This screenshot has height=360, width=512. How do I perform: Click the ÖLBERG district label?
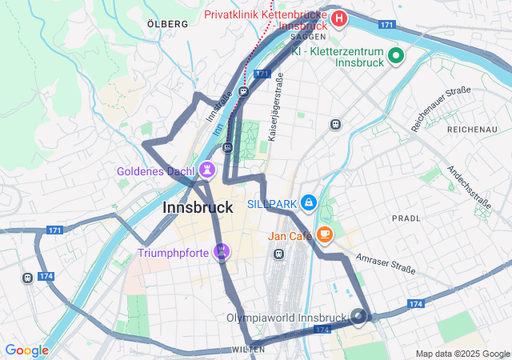coord(168,24)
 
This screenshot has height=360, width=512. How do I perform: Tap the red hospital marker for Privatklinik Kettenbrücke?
coord(339,18)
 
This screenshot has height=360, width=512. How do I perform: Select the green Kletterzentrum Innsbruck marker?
coord(395,55)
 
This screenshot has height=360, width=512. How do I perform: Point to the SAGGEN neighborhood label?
coord(308,37)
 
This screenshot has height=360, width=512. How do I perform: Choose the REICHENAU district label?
coord(473,129)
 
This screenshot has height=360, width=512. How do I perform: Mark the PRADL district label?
coord(406,218)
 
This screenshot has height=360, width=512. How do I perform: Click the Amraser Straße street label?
coord(386,264)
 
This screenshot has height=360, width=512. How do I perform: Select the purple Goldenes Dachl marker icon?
coord(208,170)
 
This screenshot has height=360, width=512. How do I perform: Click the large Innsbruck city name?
coord(198,207)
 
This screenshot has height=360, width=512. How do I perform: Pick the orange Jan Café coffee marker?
coord(324,234)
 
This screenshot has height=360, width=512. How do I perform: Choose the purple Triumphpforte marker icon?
coord(222,253)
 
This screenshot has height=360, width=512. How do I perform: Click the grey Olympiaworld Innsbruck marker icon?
coord(358,317)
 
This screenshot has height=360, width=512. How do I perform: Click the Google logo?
coord(26,350)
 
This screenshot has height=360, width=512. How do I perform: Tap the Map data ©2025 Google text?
coord(462,354)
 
